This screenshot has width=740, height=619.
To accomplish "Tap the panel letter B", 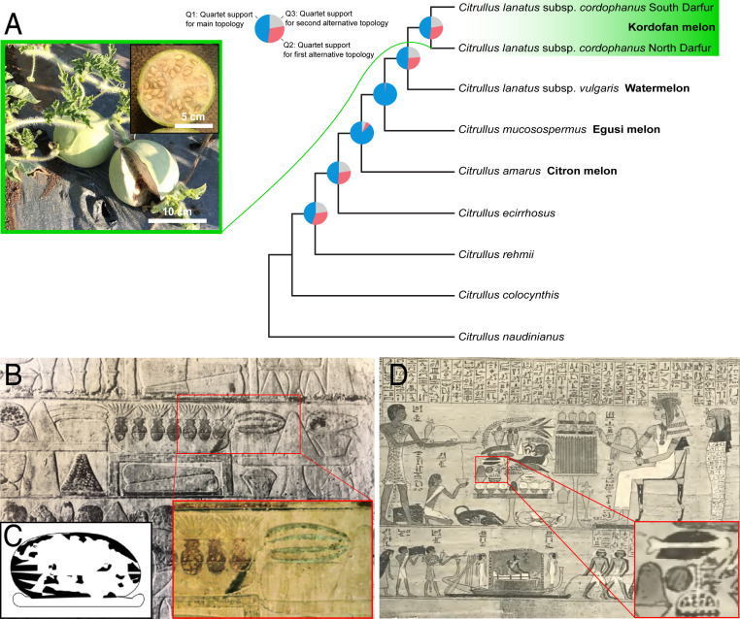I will click(x=14, y=371).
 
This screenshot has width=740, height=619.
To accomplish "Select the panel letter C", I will click(x=13, y=536).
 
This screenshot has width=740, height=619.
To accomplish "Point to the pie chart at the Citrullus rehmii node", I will click(x=316, y=212).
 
